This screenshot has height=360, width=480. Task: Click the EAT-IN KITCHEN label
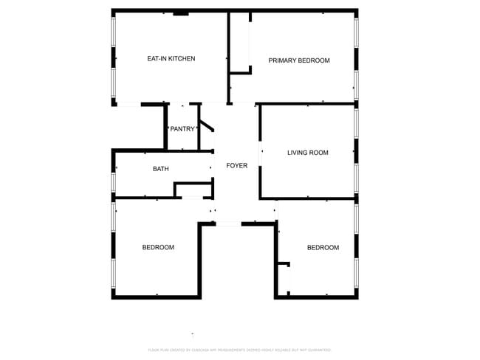point(171,58)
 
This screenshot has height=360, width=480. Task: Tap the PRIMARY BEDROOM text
point(298,60)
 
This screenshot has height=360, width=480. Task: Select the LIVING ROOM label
point(307,153)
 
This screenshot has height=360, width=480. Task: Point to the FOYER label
point(236,166)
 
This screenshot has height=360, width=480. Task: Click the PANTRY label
point(182,129)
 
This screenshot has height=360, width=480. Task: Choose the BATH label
point(160,169)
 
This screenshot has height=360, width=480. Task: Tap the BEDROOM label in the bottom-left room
point(158,247)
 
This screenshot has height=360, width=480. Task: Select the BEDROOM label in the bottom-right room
point(323,247)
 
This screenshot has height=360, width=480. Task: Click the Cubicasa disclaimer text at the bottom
point(239,350)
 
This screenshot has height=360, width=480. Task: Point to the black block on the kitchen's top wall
point(180,13)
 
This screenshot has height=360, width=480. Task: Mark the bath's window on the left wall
point(114,181)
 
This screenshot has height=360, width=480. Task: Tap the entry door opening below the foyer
point(228,224)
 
